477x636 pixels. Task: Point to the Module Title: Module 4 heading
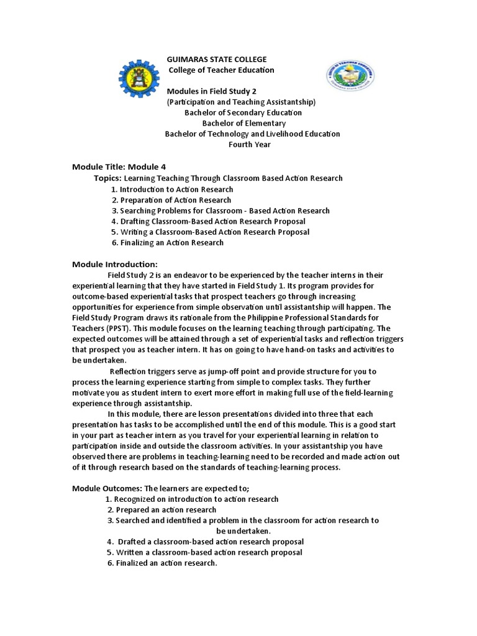coord(119,166)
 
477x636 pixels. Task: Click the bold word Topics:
coord(108,178)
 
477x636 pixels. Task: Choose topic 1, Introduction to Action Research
coord(173,189)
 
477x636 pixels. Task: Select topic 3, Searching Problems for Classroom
coord(220,211)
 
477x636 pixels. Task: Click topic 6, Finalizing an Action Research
coord(168,243)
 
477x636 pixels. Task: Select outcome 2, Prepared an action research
coord(162,510)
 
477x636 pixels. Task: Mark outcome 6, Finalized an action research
coord(162,563)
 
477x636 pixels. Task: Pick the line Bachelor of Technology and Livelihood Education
coord(252,134)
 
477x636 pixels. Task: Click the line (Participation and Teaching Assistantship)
coord(241,101)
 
